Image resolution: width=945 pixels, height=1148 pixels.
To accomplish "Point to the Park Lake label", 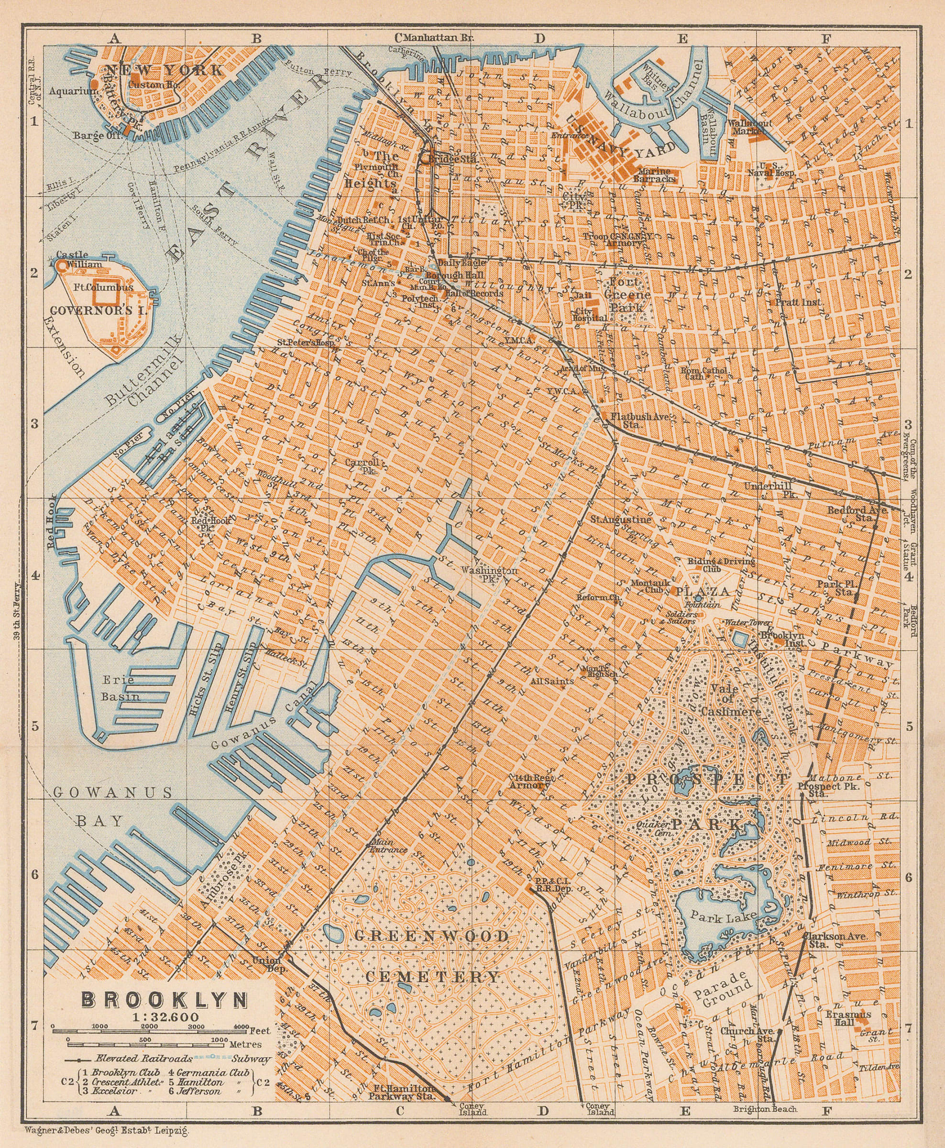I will (x=723, y=916).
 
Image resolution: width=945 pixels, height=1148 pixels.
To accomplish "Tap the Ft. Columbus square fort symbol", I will (x=105, y=296).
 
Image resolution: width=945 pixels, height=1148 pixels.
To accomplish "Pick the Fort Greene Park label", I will (x=629, y=295).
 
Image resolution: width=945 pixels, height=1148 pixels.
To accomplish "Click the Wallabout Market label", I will (x=750, y=127).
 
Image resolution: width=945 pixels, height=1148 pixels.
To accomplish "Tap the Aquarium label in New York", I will (x=74, y=91).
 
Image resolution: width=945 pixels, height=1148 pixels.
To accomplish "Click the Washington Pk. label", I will (x=488, y=574).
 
